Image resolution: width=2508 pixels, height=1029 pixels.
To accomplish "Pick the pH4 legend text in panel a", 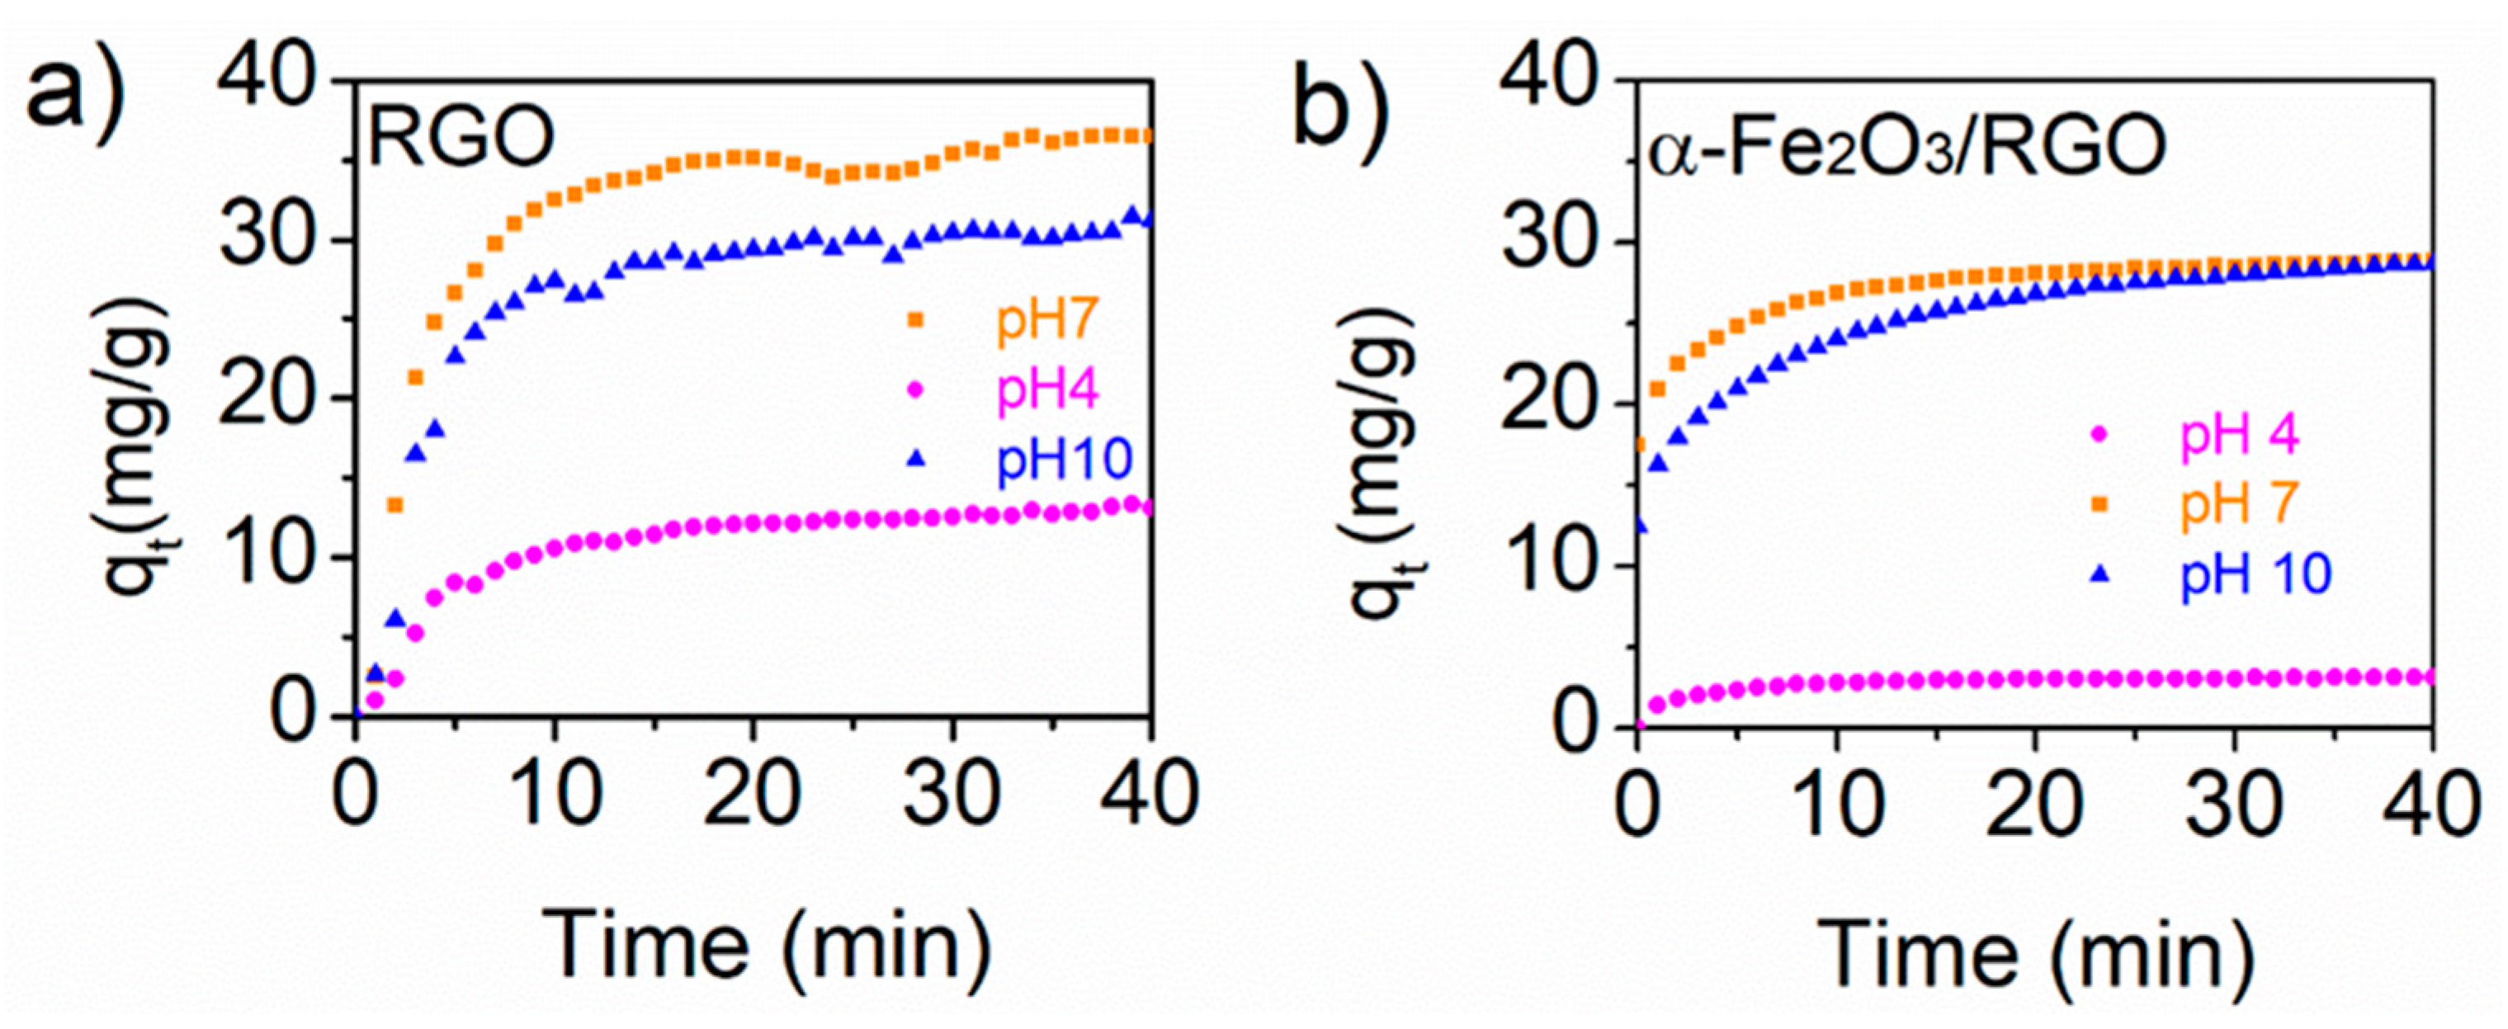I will (1046, 390).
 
